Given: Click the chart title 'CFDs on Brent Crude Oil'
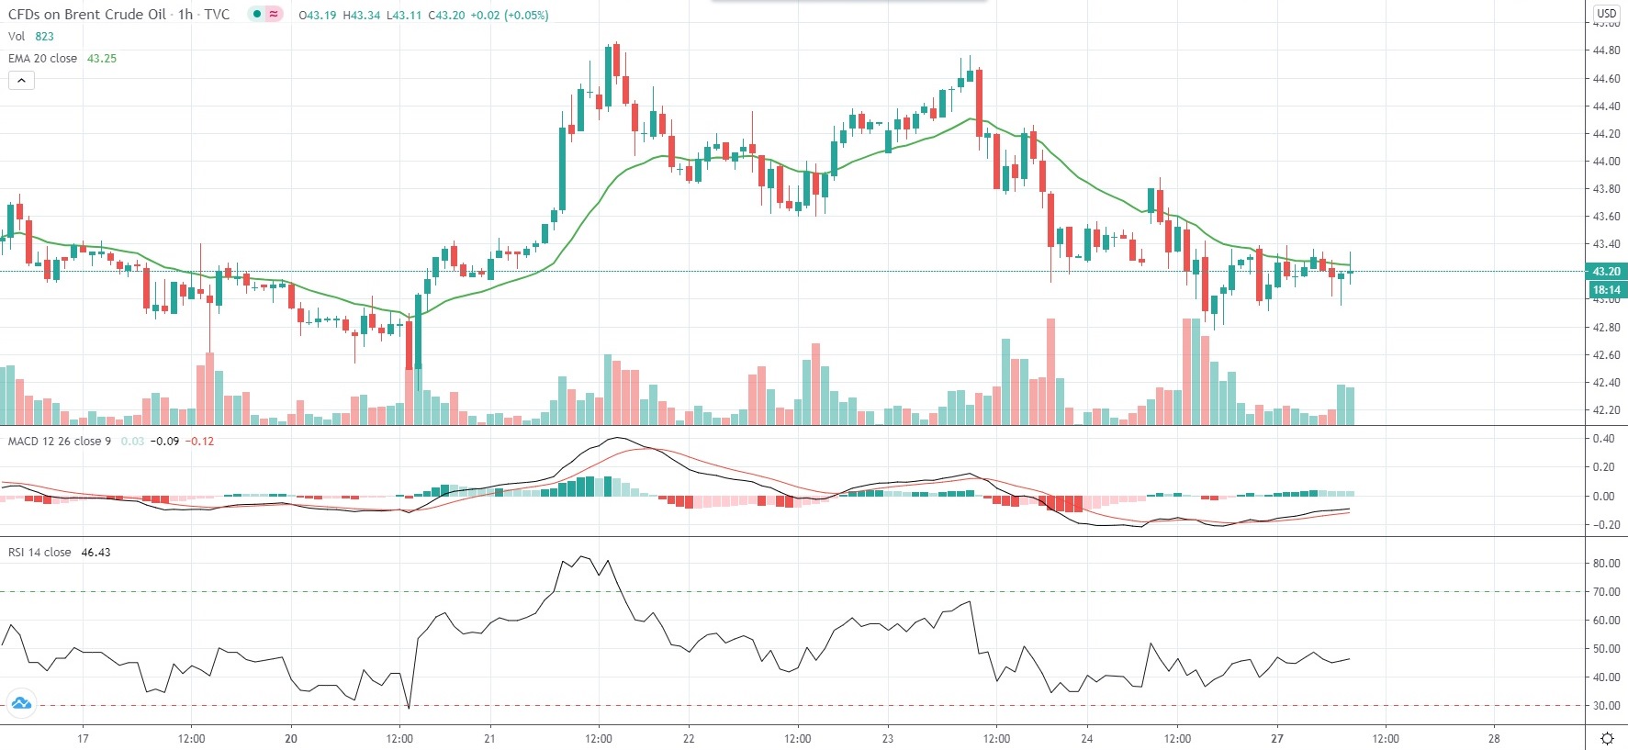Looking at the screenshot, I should pos(87,15).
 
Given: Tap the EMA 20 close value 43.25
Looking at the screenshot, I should pos(101,59).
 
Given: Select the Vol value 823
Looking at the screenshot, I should pos(44,37).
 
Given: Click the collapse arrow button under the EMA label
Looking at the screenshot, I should pos(21,81).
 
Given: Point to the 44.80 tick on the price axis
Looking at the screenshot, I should pos(1606,51).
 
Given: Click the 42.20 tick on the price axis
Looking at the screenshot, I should pos(1606,410).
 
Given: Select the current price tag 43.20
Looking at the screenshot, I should pos(1606,272).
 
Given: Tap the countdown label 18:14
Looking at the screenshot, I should pos(1606,290).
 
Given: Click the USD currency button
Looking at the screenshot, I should pos(1606,13).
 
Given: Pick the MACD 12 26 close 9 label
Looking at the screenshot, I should pos(59,442).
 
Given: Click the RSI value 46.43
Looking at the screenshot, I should pos(95,553).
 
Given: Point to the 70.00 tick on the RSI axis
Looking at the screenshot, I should pos(1606,592).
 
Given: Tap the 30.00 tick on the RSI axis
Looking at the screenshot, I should pos(1606,706).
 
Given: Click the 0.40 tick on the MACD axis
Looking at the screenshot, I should pos(1603,439).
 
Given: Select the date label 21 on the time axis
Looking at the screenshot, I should pos(489,738).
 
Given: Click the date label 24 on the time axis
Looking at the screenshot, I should pos(1086,738).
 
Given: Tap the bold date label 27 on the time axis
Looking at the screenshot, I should pos(1276,738).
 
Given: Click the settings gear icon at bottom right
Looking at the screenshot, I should pos(1607,738).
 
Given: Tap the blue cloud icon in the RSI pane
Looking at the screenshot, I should pos(20,704).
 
